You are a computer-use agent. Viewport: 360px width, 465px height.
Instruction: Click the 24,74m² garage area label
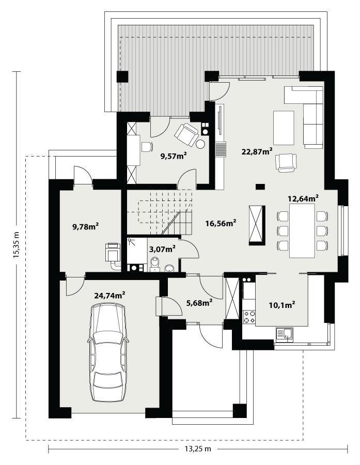tap(109, 295)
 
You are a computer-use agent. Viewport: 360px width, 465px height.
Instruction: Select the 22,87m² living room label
tap(257, 151)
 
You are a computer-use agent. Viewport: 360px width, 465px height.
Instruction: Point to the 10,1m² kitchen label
tap(281, 304)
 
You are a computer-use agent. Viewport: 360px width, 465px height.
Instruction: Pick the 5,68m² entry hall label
tap(198, 302)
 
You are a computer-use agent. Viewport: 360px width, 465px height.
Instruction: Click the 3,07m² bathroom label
tap(162, 249)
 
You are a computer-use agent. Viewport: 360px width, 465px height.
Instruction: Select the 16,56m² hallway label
tap(221, 223)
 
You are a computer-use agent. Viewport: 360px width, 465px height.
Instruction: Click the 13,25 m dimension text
tap(198, 448)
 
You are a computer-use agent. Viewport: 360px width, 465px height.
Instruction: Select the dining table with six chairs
tap(302, 230)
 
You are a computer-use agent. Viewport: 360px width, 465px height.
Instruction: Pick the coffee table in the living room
tap(284, 128)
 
